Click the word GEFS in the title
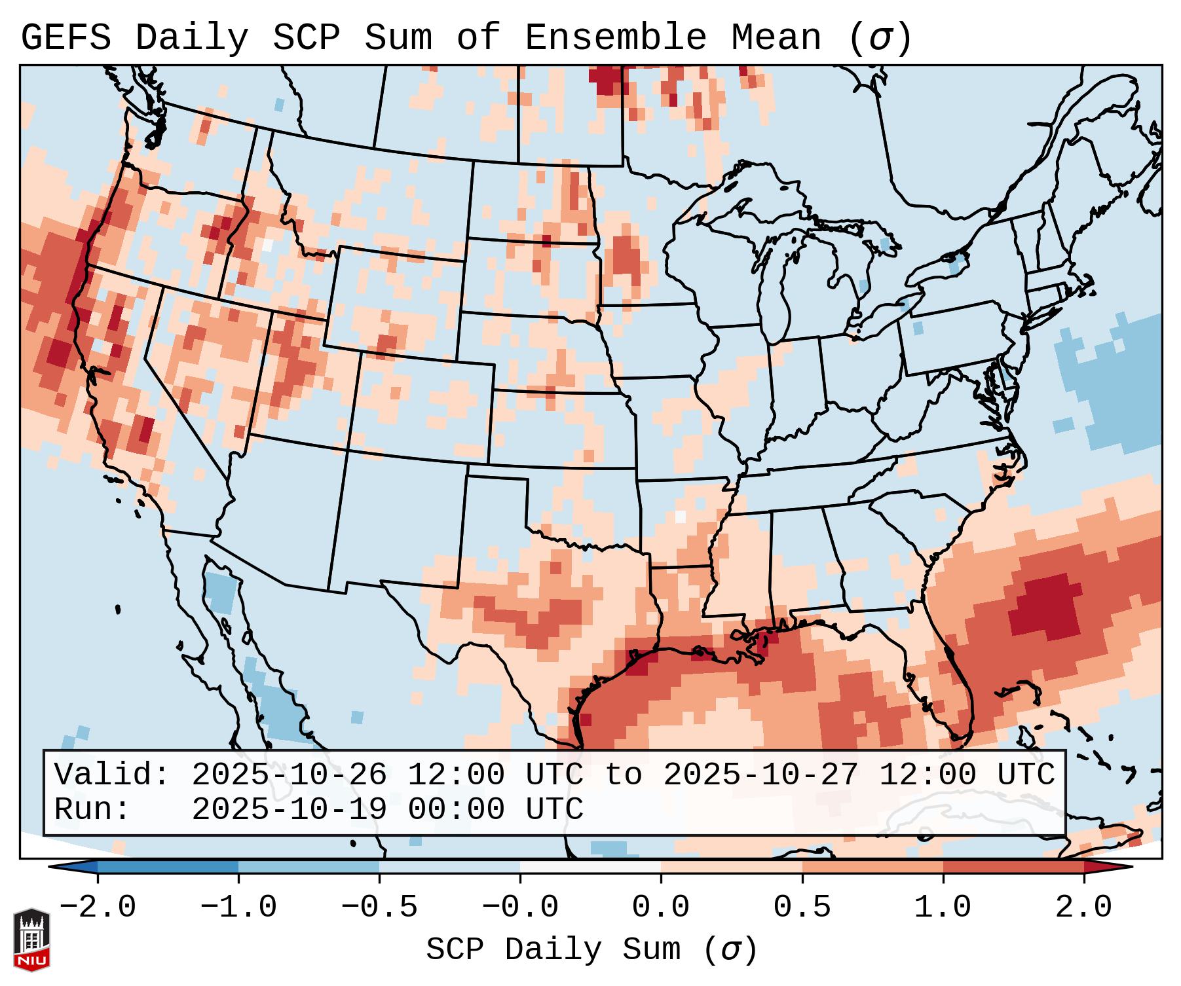coord(66,38)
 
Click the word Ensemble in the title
coord(615,38)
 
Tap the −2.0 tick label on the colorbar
coord(98,907)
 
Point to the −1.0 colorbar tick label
coord(238,907)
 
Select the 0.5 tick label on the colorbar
coord(802,907)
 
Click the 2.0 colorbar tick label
coord(1083,907)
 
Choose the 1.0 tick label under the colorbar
coord(943,907)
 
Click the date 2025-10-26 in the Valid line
coord(289,775)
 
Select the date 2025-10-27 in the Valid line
coord(760,775)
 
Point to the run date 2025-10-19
coord(289,810)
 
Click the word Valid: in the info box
coord(112,775)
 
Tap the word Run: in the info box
coord(92,810)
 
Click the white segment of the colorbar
coord(590,867)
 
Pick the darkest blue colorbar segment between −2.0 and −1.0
coord(168,867)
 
